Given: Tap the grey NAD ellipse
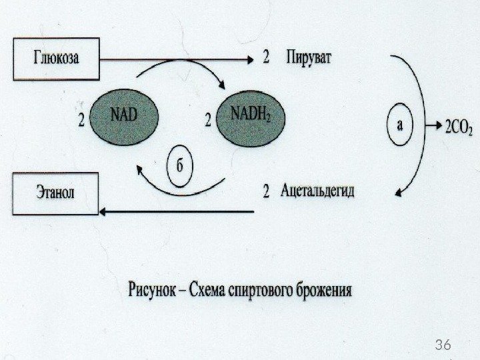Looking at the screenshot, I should (x=123, y=115).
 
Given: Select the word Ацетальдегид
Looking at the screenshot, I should (x=318, y=192).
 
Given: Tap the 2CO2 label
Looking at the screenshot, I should (x=458, y=129).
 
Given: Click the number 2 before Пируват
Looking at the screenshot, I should (x=267, y=57).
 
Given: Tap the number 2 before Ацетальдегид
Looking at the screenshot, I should (x=266, y=193).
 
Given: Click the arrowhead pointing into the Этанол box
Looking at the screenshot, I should (x=104, y=211).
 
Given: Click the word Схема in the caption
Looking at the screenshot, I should (x=207, y=291).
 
